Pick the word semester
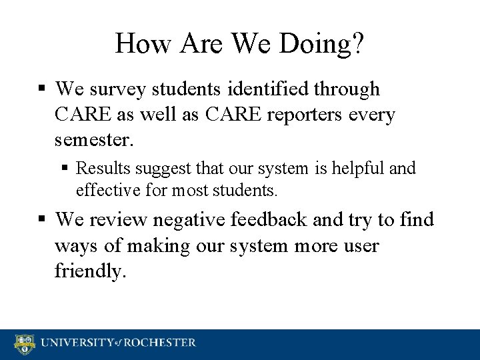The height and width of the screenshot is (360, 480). coord(94,140)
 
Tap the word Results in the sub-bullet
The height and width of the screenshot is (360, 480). coord(102,169)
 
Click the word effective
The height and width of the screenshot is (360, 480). coord(105,191)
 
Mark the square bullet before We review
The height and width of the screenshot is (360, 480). coord(43,219)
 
